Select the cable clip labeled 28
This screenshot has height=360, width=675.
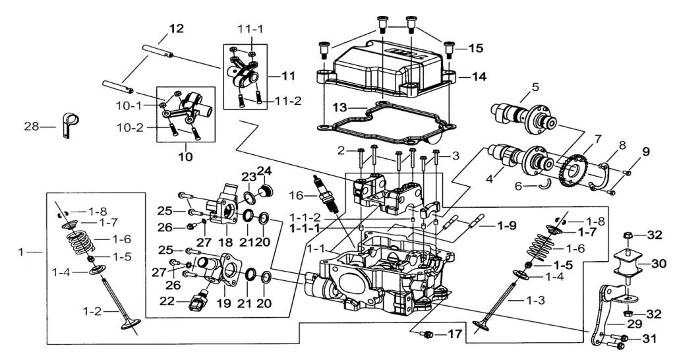coord(69,125)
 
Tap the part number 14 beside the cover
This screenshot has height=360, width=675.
coord(479,77)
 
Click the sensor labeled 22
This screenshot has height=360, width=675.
coord(196,303)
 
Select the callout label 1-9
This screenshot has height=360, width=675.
coord(507,225)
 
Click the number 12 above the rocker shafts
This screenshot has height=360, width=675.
coord(176,29)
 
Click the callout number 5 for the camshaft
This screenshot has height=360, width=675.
coord(535,86)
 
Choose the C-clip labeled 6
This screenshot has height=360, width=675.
coord(542,187)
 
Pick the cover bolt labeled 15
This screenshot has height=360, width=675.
coord(450,47)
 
